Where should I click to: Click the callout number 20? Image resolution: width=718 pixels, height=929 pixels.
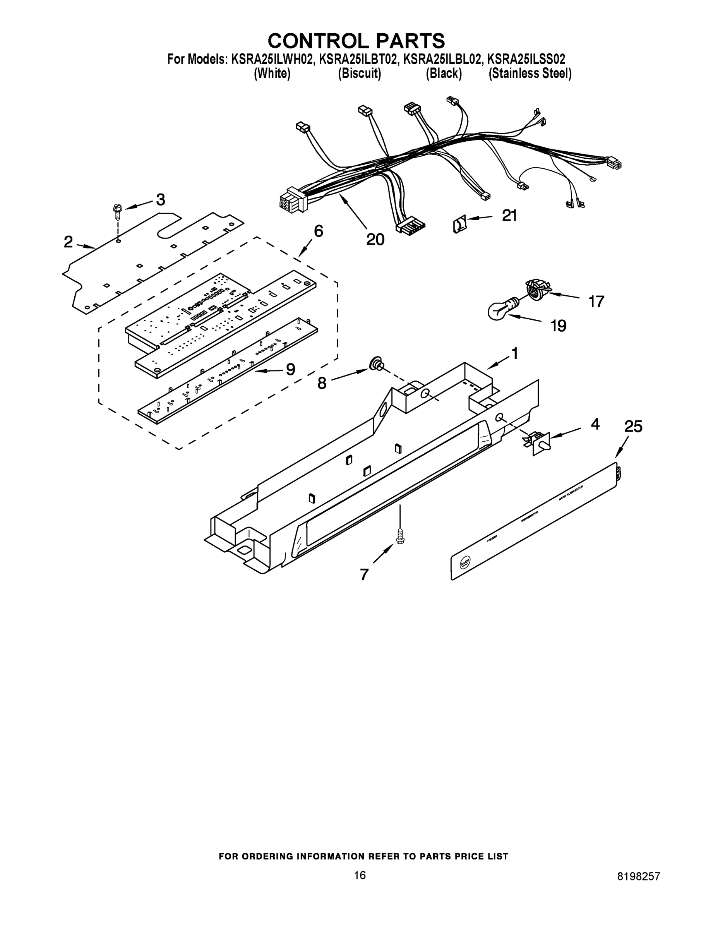[375, 240]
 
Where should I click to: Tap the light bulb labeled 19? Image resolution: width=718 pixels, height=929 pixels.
[499, 311]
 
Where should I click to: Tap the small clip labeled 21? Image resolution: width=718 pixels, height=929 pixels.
[460, 224]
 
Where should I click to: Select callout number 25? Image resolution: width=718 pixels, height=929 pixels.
[633, 426]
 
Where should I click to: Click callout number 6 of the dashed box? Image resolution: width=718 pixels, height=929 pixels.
[318, 231]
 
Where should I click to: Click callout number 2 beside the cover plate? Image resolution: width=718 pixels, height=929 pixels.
[68, 242]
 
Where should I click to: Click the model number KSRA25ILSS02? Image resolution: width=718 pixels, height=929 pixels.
[526, 58]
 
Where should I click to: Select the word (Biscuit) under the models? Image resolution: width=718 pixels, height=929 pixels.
[360, 74]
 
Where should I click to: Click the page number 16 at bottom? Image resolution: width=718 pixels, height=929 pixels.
[360, 875]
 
